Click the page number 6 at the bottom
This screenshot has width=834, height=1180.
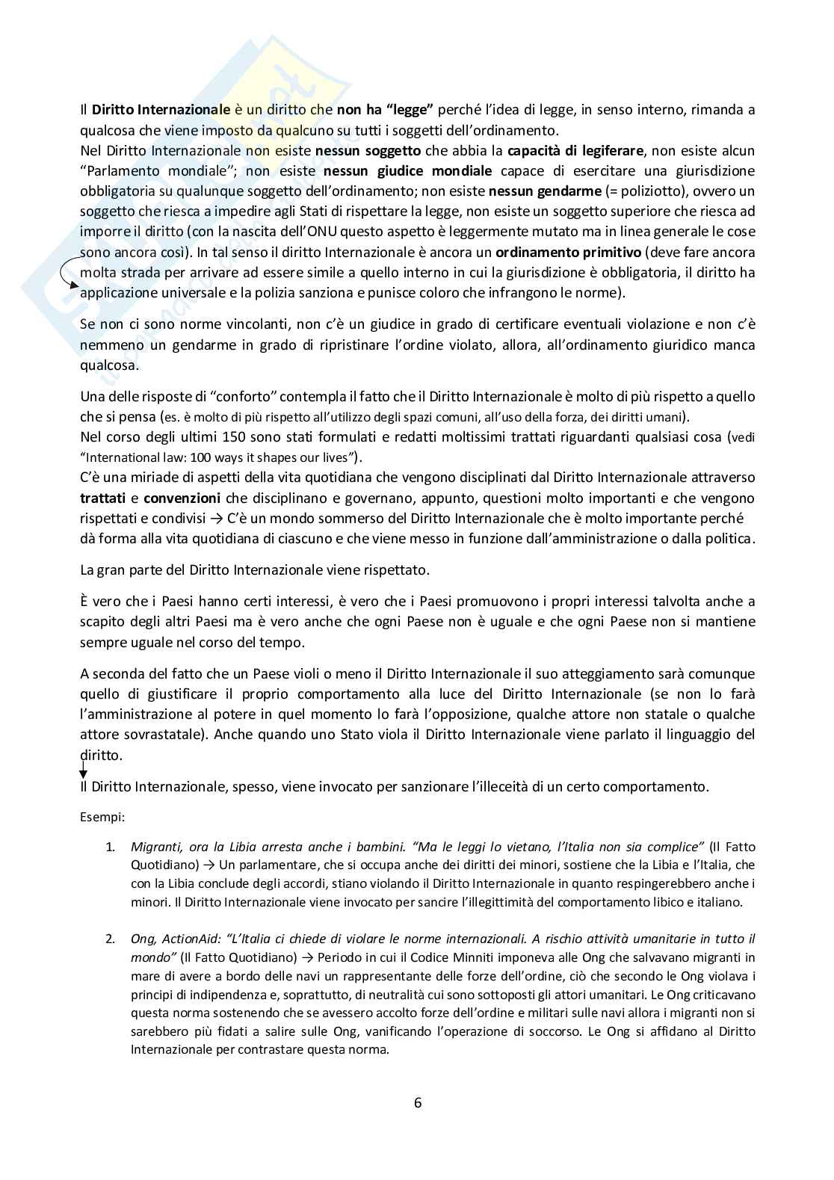pyautogui.click(x=417, y=1102)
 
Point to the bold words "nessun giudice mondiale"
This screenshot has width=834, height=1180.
pyautogui.click(x=408, y=172)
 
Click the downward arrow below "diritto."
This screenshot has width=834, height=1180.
pyautogui.click(x=83, y=771)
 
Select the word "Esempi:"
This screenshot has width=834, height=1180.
pyautogui.click(x=102, y=817)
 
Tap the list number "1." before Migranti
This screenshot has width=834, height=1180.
pyautogui.click(x=111, y=847)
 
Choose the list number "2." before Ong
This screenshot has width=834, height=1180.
pyautogui.click(x=111, y=939)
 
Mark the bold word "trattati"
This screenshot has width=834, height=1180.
pyautogui.click(x=103, y=498)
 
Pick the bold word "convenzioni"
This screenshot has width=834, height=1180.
pyautogui.click(x=182, y=498)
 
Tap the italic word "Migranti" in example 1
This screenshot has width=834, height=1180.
pyautogui.click(x=155, y=847)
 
